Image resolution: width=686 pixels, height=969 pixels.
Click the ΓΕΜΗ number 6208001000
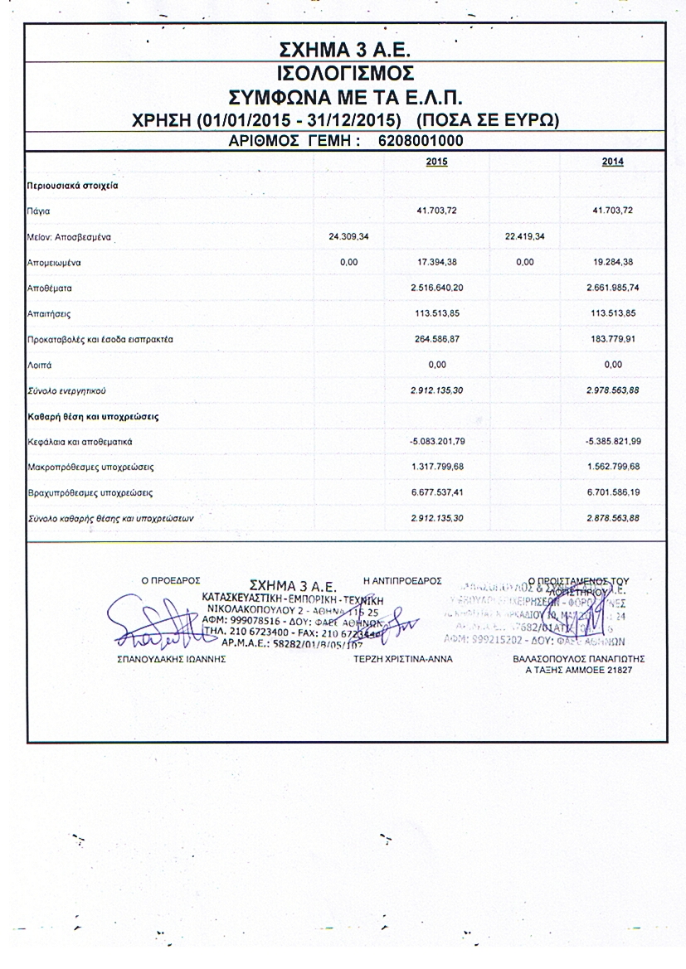point(421,140)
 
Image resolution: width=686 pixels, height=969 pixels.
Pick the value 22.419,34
point(524,236)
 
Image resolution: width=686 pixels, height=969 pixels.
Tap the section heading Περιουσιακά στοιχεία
point(73,186)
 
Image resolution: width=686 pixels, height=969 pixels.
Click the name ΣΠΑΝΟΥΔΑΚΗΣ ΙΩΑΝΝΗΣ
point(173,659)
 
